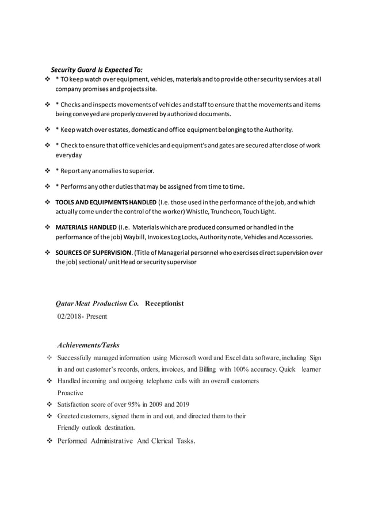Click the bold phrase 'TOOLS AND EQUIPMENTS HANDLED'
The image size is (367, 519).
coord(106,203)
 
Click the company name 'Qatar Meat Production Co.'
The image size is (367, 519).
coord(97,303)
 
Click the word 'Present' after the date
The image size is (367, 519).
coord(95,316)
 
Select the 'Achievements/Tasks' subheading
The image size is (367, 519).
coord(88,345)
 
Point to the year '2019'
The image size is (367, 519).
coord(180,404)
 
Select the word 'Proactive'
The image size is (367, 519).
coord(70,392)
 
